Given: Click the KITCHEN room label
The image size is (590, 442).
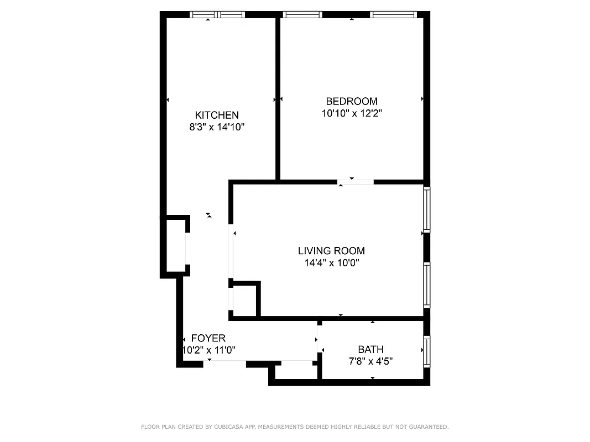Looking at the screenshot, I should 217,115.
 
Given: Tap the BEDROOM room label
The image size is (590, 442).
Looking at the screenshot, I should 352,101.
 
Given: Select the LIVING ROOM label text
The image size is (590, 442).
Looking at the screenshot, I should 331,251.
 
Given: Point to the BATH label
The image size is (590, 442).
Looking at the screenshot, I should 370,349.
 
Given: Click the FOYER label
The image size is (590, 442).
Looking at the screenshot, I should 208,338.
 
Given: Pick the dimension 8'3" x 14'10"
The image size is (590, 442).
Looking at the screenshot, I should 217,127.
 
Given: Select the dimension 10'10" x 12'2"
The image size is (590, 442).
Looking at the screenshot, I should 352,113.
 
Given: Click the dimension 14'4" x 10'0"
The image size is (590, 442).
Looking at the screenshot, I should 331,263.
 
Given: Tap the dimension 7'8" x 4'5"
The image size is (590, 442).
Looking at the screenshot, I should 370,361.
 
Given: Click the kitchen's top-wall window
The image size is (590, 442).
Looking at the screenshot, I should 217,15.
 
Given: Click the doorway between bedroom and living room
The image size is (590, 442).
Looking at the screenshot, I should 355,181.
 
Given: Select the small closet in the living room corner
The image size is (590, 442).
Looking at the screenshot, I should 244,300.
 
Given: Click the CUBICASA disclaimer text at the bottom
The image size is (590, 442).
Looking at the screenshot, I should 295,427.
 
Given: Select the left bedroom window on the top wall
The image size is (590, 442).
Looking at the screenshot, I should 302,15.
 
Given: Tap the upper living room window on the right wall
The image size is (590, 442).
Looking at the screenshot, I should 426,210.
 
